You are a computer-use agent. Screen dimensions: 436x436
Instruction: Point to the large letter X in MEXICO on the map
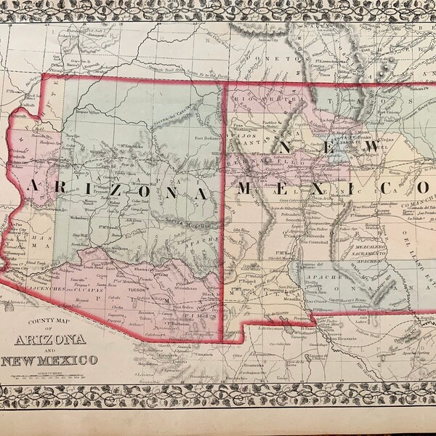[x=328, y=190]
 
